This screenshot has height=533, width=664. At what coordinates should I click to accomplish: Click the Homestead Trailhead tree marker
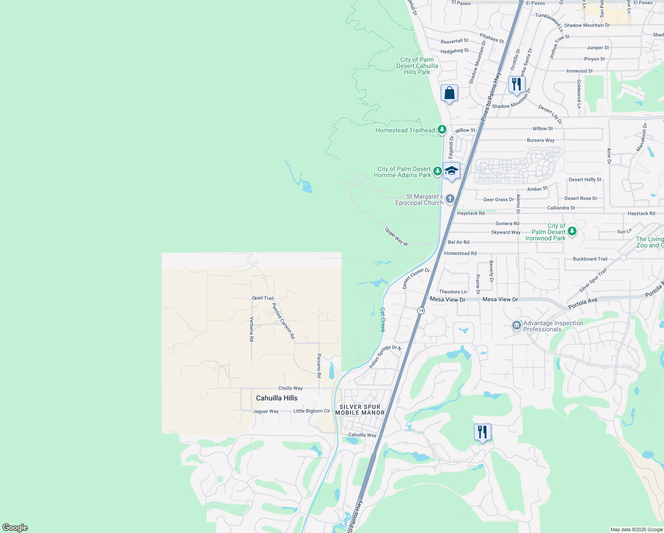tap(442, 130)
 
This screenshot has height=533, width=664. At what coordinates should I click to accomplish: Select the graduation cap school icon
tap(451, 171)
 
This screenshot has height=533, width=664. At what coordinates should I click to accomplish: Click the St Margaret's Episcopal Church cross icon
tap(450, 199)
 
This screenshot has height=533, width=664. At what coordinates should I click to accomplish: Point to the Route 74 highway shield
tap(421, 310)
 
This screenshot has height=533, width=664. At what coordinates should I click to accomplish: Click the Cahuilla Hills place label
tap(277, 398)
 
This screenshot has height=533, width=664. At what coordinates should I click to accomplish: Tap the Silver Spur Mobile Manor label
tap(360, 410)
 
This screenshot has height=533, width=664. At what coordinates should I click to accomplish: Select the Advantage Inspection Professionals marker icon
tap(516, 326)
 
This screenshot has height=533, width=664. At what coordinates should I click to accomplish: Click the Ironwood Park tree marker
tap(572, 231)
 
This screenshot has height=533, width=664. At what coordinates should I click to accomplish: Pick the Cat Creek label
tap(383, 320)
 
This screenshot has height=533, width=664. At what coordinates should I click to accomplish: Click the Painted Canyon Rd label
tap(283, 321)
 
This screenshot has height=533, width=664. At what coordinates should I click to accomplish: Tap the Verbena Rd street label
tap(252, 329)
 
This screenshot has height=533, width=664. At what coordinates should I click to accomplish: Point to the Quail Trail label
tap(263, 298)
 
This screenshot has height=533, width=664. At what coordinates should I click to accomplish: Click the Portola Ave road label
tap(583, 303)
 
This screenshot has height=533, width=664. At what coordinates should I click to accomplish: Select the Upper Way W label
tap(396, 236)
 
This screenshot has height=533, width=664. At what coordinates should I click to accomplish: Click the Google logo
tap(15, 528)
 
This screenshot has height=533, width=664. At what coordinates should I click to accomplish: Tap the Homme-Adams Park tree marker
tap(437, 171)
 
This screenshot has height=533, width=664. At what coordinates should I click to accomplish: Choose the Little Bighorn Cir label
tap(312, 411)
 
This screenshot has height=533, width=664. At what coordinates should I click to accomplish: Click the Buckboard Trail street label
tap(590, 259)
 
